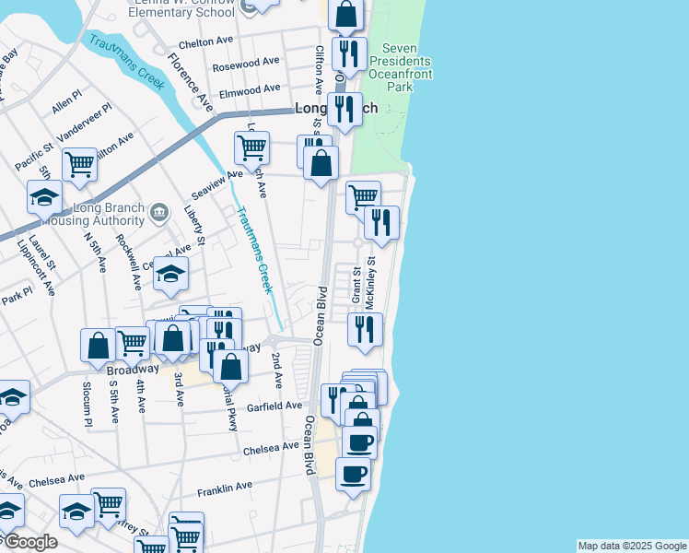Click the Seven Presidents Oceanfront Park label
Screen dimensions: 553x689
pos(399,67)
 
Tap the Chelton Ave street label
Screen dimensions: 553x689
pos(206,42)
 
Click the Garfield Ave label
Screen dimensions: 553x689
pos(274,406)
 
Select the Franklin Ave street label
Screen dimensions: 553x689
pos(223,487)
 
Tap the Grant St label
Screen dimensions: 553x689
pos(356,285)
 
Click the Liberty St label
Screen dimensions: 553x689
pos(194,227)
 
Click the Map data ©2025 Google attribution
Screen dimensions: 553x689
pos(631,546)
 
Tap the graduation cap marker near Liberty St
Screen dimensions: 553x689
pos(170,274)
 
